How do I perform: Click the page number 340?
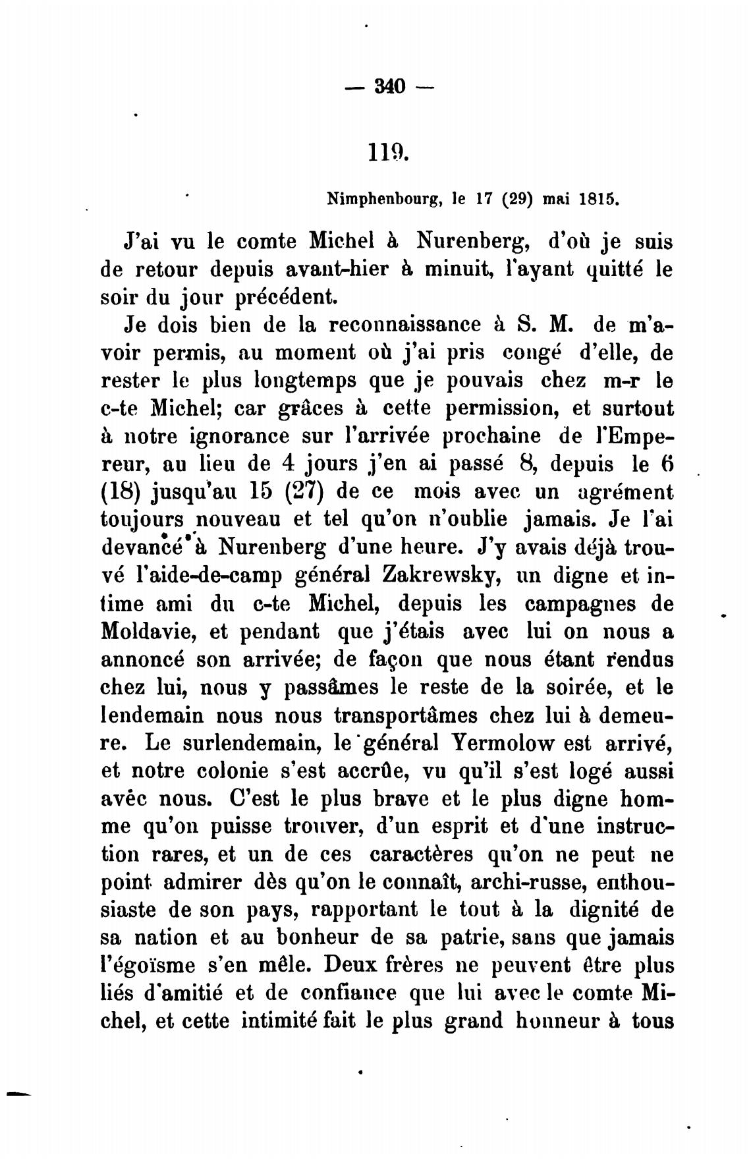pos(389,86)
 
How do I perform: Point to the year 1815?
pos(599,198)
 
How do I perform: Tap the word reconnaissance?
pos(413,325)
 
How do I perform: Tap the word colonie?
pos(223,770)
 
